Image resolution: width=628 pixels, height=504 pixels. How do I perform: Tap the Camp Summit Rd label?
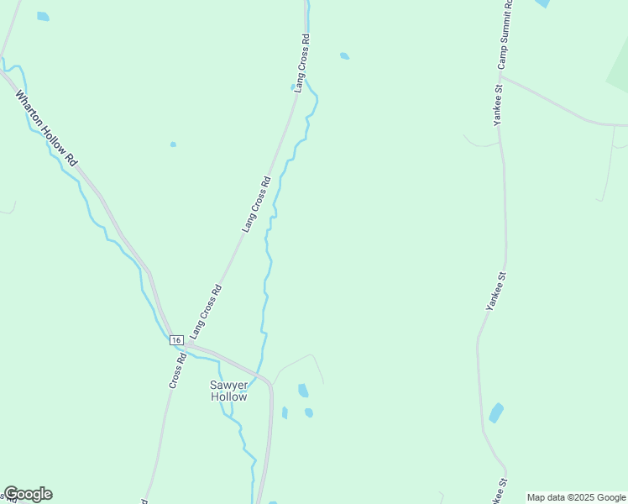503,34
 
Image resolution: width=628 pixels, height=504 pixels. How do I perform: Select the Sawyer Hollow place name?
228,391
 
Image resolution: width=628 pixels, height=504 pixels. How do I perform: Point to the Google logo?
28,494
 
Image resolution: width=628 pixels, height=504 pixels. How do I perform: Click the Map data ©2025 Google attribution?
576,497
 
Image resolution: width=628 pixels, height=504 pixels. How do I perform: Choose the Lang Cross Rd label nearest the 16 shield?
207,312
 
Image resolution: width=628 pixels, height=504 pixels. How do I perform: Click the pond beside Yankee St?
496,412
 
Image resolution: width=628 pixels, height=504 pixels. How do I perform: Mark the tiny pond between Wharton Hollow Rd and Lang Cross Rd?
173,144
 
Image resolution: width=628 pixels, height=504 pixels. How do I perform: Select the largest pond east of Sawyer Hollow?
302,390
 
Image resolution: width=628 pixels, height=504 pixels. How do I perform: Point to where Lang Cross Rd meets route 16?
190,344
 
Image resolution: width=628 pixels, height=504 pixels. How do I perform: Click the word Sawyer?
228,386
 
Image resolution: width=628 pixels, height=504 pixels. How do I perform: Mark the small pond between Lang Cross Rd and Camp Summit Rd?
344,56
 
